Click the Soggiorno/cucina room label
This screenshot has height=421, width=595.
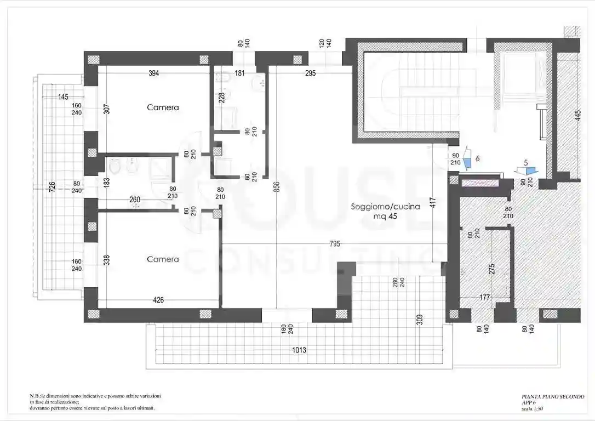coord(386,207)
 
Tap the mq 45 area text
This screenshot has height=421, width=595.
coord(386,216)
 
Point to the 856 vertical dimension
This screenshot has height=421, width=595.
coord(276,187)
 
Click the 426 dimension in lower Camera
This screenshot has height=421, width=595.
coord(158,300)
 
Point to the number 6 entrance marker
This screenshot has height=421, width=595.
coord(478,158)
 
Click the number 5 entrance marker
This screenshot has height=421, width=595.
coord(526,163)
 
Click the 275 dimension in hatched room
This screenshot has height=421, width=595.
coord(491,269)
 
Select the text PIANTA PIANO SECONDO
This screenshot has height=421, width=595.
coord(553,396)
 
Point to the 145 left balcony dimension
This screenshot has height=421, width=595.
coord(63,97)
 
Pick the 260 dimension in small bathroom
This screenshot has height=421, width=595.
coord(135,200)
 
